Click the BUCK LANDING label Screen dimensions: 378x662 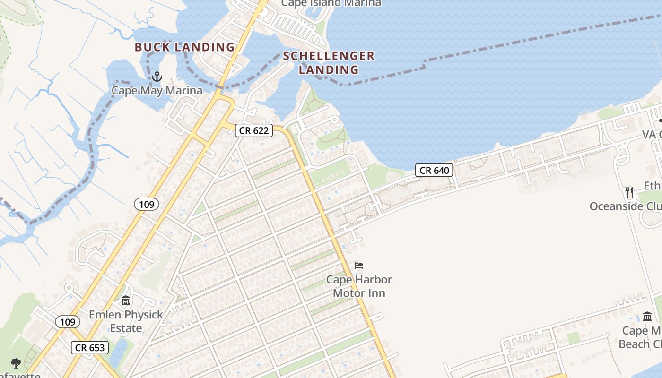pyautogui.click(x=185, y=47)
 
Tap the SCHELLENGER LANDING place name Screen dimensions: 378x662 pyautogui.click(x=329, y=63)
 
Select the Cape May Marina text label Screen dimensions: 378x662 pyautogui.click(x=157, y=90)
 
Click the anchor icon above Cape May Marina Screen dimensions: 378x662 pyautogui.click(x=157, y=77)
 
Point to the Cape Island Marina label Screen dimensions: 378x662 pyautogui.click(x=331, y=3)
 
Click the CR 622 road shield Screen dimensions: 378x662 pyautogui.click(x=254, y=130)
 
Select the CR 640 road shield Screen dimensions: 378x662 pyautogui.click(x=434, y=170)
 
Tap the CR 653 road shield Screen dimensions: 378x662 pyautogui.click(x=90, y=348)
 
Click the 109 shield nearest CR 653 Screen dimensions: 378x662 pyautogui.click(x=68, y=322)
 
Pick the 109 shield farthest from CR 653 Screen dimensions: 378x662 pyautogui.click(x=147, y=204)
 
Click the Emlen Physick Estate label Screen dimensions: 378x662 pyautogui.click(x=126, y=321)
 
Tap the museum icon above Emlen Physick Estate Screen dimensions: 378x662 pyautogui.click(x=126, y=301)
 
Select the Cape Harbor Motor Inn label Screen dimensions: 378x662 pyautogui.click(x=359, y=286)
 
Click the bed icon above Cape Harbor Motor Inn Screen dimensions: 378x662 pyautogui.click(x=359, y=266)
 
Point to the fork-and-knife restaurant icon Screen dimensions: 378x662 pyautogui.click(x=629, y=192)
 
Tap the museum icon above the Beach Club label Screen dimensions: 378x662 pyautogui.click(x=647, y=316)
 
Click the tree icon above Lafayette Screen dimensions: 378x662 pyautogui.click(x=16, y=363)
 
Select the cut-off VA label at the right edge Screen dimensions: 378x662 pyautogui.click(x=652, y=135)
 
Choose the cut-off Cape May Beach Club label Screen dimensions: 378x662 pyautogui.click(x=641, y=337)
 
